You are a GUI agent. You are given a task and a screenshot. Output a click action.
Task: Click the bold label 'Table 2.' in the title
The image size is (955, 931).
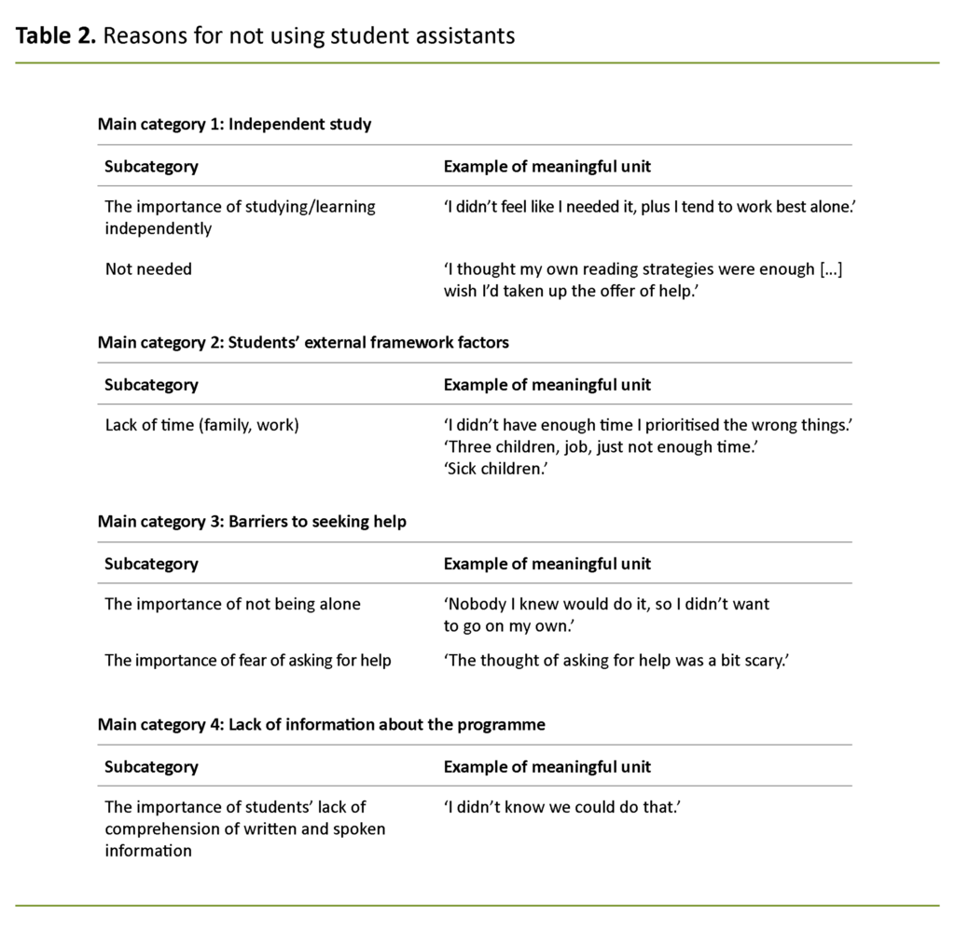pos(56,36)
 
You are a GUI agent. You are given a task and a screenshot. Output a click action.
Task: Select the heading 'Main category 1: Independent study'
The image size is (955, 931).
pos(234,124)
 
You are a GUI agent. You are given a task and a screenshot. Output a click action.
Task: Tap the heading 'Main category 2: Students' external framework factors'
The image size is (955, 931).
pos(303,342)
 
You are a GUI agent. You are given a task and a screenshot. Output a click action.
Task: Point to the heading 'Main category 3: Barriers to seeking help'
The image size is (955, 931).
pos(252,521)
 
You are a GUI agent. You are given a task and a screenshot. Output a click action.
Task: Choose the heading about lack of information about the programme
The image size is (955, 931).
pos(321,724)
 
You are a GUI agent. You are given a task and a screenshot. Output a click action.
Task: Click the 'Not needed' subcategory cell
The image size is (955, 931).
pos(148,269)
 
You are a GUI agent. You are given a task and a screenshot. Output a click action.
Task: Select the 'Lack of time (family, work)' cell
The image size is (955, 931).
pos(201,425)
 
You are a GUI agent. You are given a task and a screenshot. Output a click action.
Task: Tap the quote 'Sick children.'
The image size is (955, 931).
pos(494,469)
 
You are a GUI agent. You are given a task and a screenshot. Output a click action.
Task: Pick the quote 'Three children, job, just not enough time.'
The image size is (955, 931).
pos(601,447)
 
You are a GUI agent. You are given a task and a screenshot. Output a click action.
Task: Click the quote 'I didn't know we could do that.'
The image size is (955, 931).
pos(562,807)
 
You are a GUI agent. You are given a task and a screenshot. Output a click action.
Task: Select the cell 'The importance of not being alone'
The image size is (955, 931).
pos(232,604)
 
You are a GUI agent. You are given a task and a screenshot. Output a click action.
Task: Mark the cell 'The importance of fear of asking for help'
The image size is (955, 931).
pos(247,661)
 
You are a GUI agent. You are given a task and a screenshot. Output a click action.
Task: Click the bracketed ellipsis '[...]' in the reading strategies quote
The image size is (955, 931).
pos(830,269)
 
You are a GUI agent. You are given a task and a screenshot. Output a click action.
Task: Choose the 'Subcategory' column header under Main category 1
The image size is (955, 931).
pos(151,167)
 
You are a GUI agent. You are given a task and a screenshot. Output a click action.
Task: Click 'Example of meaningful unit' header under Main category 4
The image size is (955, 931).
pos(547,767)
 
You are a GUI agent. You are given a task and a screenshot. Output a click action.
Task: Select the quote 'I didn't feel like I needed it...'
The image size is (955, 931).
pos(649,207)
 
